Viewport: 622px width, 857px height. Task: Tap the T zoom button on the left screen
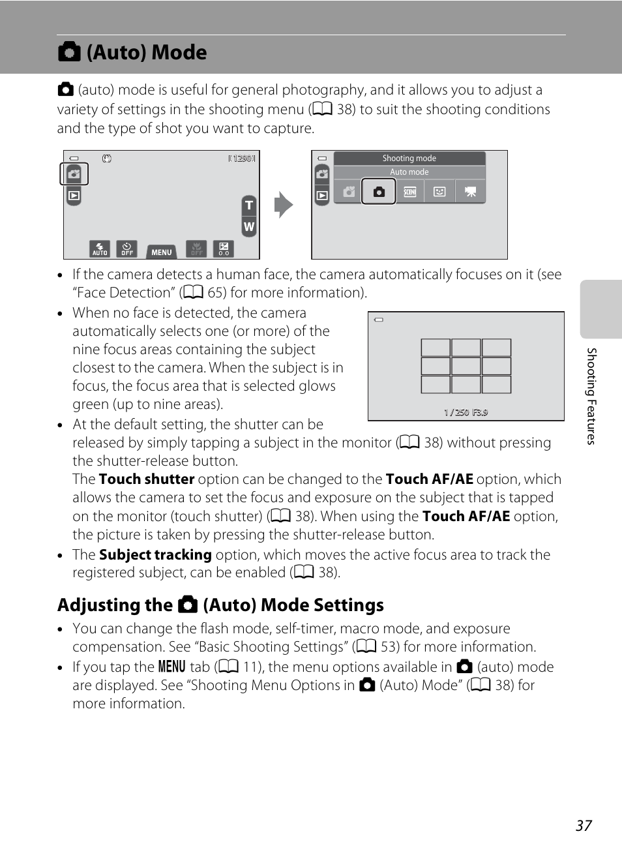point(248,205)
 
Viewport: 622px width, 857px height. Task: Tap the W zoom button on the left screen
point(248,227)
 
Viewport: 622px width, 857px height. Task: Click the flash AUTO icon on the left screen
point(100,248)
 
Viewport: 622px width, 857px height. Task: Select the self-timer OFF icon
point(126,248)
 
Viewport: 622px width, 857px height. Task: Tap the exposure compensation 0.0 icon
point(224,248)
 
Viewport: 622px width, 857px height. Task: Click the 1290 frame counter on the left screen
point(242,158)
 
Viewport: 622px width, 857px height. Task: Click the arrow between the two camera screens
point(284,205)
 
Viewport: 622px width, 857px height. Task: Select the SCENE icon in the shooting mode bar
point(409,192)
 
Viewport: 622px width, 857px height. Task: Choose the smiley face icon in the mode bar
point(440,192)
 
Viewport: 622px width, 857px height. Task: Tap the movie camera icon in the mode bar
point(470,192)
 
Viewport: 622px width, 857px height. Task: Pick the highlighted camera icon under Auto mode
point(379,192)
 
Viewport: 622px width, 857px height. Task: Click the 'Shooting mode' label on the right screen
point(409,158)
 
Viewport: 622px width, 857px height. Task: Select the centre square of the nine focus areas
point(466,366)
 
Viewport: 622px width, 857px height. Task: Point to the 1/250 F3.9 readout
point(466,412)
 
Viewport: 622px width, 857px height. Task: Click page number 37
point(584,826)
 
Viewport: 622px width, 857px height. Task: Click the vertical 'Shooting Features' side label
point(591,396)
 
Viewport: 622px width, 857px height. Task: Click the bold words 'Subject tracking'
point(155,555)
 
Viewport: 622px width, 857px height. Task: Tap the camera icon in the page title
point(69,52)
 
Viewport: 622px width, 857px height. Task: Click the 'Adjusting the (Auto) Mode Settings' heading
point(220,605)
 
